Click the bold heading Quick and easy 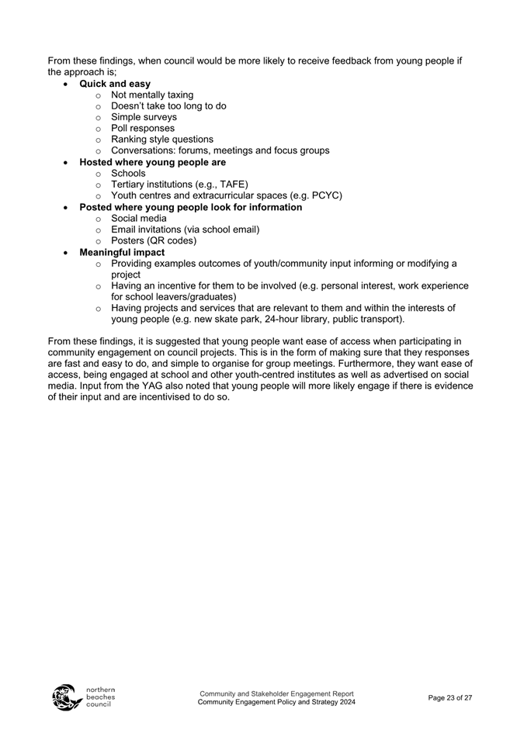coord(115,84)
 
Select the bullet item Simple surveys coord(144,117)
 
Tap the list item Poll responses coord(143,128)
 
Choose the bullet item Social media coord(138,218)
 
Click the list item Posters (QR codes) coord(154,240)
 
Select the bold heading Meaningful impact coord(122,252)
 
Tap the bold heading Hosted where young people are coord(152,162)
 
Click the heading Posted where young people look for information coord(190,207)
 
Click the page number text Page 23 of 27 coord(450,698)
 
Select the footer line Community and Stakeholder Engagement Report coord(276,693)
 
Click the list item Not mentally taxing coord(152,95)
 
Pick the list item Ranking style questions coord(162,140)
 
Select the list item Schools coord(128,173)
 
